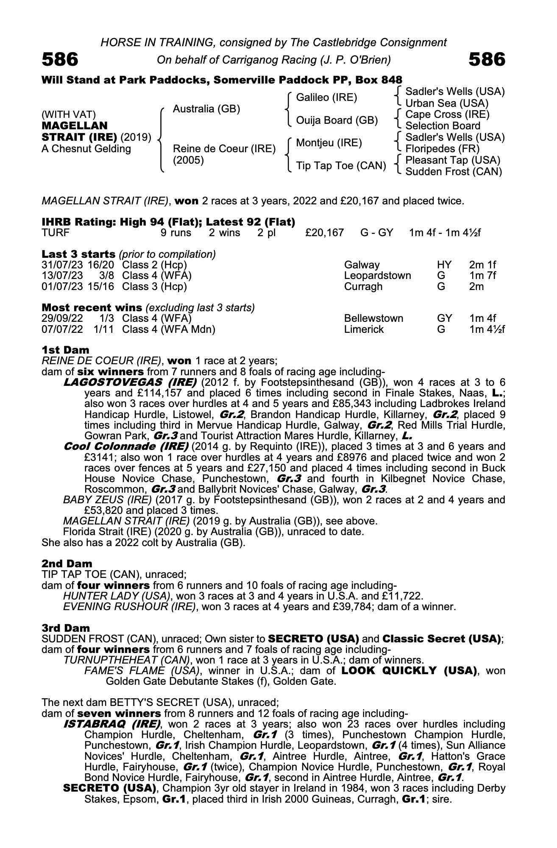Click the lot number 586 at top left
60,60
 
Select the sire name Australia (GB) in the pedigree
206,109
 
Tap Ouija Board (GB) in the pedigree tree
337,120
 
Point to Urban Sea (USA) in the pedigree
447,103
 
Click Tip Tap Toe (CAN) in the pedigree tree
341,165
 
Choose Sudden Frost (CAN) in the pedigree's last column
454,172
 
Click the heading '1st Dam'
65,350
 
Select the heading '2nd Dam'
67,563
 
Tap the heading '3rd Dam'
66,628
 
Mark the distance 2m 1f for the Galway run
482,265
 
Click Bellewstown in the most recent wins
373,318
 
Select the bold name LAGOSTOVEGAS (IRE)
130,382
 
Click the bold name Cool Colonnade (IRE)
126,446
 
